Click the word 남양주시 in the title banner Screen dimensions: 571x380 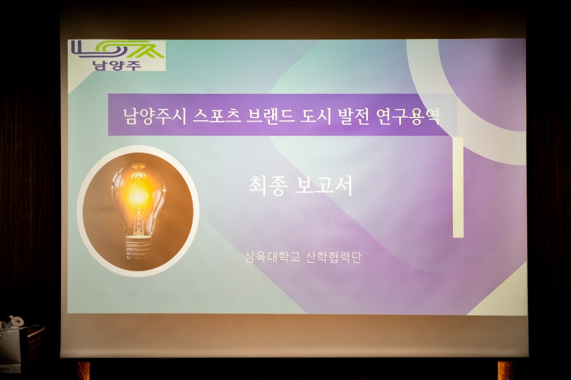tap(155, 116)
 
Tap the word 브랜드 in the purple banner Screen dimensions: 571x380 tap(270, 116)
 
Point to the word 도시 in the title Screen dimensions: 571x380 tap(316, 116)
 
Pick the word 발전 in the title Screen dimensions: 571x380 tap(354, 116)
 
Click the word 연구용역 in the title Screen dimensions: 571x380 tap(408, 116)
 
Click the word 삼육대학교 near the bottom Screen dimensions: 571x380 tap(272, 257)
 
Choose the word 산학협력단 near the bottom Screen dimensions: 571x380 tap(334, 257)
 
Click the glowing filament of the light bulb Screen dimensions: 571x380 tap(138, 192)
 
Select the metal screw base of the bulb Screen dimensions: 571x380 tap(138, 247)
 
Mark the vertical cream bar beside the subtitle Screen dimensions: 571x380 tap(458, 187)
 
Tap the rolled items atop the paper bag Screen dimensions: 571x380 tap(13, 322)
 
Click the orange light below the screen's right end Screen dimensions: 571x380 tap(505, 371)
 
